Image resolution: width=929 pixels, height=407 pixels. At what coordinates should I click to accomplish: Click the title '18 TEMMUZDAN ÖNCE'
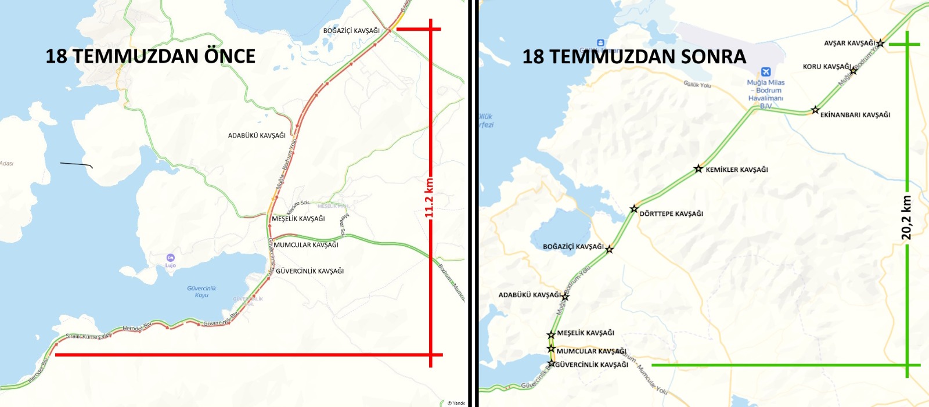point(150,56)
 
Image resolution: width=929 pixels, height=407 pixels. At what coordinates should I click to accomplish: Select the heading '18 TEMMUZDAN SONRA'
point(634,57)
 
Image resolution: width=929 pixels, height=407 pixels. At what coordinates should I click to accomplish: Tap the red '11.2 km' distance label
point(429,197)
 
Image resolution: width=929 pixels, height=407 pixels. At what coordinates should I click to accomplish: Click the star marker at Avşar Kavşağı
point(880,43)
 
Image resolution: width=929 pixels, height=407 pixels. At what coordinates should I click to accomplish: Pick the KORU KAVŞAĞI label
point(826,67)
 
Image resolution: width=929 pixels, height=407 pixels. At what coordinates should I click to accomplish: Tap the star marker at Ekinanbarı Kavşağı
point(815,110)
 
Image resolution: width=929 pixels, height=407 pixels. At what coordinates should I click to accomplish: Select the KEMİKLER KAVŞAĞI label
point(736,170)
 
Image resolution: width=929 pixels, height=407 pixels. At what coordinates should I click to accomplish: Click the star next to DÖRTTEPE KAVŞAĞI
point(634,209)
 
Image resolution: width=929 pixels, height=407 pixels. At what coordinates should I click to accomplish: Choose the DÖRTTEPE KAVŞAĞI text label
point(671,214)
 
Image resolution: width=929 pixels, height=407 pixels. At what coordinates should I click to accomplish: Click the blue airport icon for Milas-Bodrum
point(765,71)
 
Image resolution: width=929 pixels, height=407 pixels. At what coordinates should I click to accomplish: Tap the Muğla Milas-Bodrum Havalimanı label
point(765,94)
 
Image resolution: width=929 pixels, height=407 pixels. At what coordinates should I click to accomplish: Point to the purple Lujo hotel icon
point(170,257)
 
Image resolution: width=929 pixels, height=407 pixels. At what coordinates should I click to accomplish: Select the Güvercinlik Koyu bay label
point(201,291)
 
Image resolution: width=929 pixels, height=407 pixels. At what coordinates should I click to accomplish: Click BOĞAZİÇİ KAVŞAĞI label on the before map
point(351,31)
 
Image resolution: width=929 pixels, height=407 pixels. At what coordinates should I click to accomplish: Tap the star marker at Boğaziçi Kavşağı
point(609,249)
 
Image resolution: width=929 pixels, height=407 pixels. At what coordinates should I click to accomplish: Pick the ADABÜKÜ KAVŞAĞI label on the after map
point(529,295)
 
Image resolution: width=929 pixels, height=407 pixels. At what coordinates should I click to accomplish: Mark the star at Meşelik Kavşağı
point(551,335)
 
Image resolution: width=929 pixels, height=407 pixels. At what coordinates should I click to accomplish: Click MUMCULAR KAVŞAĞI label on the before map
point(306,245)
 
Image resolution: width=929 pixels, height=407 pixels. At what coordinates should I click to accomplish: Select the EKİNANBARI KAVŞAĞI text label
point(855,115)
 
